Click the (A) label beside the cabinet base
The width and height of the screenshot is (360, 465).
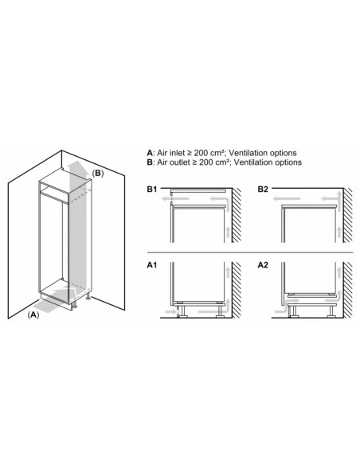pyautogui.click(x=33, y=315)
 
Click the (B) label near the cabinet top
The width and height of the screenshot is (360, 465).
pyautogui.click(x=98, y=173)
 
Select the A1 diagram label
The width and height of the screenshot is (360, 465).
pyautogui.click(x=153, y=266)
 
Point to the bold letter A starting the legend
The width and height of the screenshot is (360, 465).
pyautogui.click(x=150, y=151)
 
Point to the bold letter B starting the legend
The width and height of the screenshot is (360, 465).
pyautogui.click(x=150, y=162)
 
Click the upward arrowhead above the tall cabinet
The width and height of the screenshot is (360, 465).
pyautogui.click(x=75, y=163)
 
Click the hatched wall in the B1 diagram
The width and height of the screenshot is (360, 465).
pyautogui.click(x=237, y=219)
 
